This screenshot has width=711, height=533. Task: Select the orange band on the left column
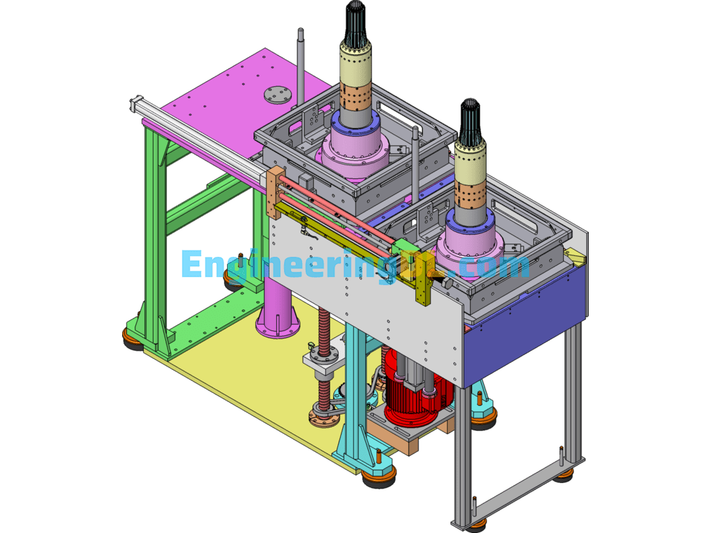(355, 96)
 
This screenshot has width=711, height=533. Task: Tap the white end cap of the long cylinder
(135, 103)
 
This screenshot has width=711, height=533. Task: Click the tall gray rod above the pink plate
(301, 62)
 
